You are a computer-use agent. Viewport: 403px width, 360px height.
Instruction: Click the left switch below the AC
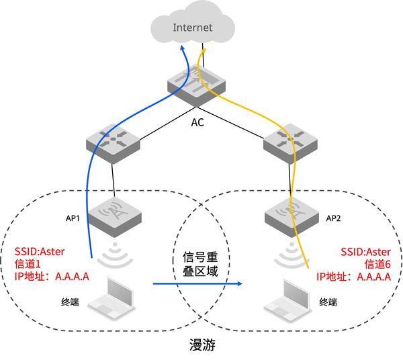pyautogui.click(x=111, y=142)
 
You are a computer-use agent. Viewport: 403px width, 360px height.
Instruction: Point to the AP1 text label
pyautogui.click(x=73, y=218)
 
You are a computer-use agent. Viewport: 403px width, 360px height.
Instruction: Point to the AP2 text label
pyautogui.click(x=334, y=218)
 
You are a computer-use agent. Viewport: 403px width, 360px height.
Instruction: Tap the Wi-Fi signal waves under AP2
pyautogui.click(x=289, y=254)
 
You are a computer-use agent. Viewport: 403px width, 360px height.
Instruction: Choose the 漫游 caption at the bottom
pyautogui.click(x=201, y=347)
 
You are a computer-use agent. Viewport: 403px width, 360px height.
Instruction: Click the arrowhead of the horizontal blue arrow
pyautogui.click(x=238, y=284)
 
